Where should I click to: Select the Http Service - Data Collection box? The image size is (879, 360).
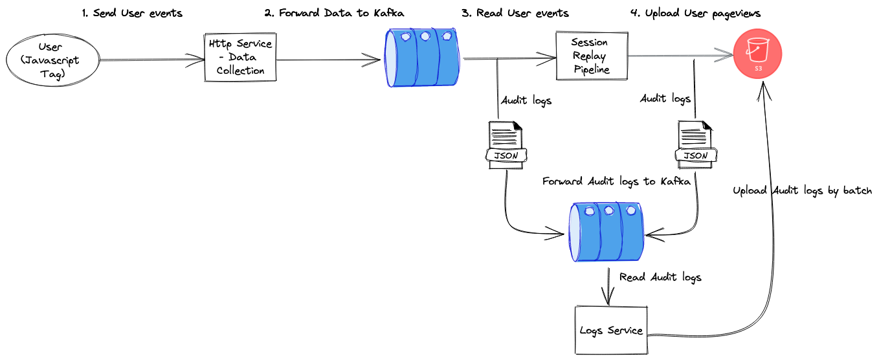pos(240,57)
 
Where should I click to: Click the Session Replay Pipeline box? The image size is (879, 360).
pos(592,56)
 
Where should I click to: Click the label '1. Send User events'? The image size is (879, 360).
pos(132,14)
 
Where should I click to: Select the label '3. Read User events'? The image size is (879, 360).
pos(515,14)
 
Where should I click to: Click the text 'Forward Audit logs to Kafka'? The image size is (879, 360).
pos(616,182)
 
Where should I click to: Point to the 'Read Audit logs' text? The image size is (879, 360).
pos(660,277)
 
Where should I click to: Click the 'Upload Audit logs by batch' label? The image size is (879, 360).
pos(802,191)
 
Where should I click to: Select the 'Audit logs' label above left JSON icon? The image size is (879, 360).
pos(526,100)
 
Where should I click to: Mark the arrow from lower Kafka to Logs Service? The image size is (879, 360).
pos(608,285)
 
